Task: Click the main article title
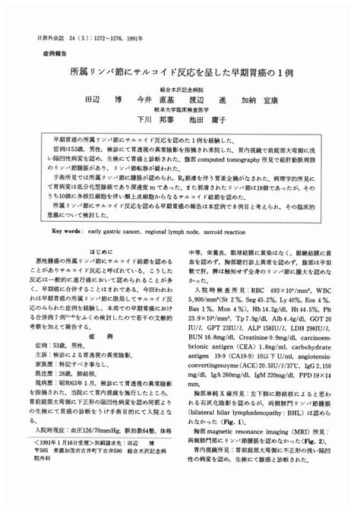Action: pos(180,73)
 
